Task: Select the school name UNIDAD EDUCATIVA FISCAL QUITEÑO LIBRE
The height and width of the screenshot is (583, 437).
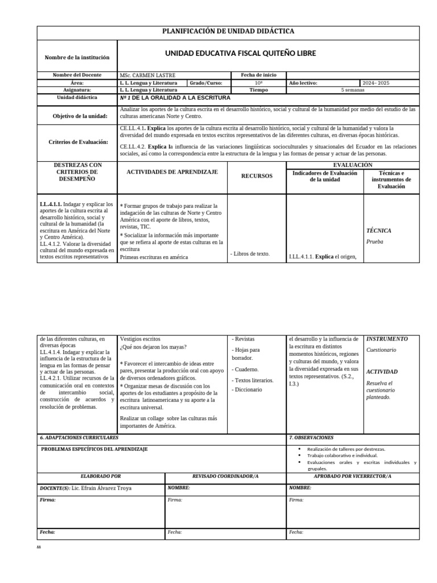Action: point(240,54)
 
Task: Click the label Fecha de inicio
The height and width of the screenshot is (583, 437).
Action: point(259,75)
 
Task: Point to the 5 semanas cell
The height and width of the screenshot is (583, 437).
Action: point(352,90)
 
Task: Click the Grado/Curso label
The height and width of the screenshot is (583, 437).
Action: point(207,83)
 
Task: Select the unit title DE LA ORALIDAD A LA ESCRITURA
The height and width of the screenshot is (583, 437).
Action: point(182,97)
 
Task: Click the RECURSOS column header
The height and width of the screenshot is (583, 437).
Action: point(256,176)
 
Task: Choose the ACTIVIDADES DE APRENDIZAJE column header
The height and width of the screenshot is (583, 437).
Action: point(172,171)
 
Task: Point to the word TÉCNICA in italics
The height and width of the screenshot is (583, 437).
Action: point(378,231)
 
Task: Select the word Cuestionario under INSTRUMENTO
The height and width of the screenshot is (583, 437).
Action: point(381,350)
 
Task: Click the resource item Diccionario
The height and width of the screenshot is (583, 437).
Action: point(248,389)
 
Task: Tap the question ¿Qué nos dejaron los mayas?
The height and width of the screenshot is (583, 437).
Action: point(153,347)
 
